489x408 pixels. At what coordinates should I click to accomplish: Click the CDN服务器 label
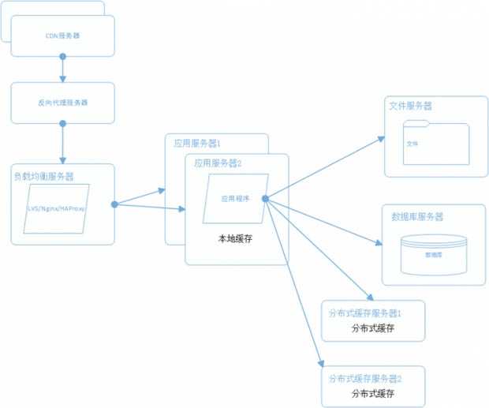click(63, 36)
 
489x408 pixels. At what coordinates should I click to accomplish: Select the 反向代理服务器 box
click(63, 103)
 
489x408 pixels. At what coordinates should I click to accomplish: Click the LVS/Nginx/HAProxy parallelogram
click(57, 209)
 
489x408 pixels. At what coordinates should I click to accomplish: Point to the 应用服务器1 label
click(197, 144)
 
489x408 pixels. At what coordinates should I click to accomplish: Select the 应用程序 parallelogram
click(235, 200)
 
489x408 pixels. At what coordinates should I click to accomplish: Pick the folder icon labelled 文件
click(435, 143)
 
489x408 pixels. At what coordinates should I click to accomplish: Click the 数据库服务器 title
click(417, 215)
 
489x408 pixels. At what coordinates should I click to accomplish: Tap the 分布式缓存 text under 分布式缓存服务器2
click(373, 393)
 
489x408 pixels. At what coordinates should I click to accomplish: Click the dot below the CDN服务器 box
click(63, 57)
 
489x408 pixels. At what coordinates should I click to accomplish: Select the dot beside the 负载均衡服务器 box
click(115, 204)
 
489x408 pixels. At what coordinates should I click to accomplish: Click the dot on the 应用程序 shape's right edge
click(265, 198)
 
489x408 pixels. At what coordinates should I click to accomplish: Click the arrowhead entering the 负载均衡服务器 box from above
click(63, 159)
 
